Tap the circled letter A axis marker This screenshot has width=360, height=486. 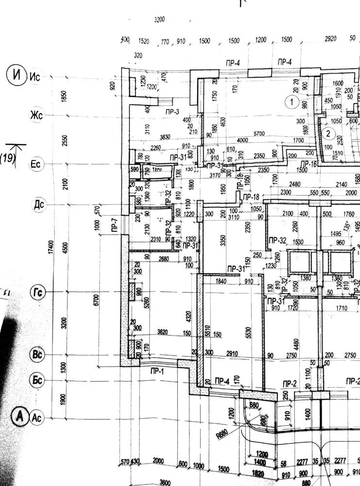[20, 417]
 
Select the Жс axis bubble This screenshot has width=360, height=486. [37, 116]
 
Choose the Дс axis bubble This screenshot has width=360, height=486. [38, 205]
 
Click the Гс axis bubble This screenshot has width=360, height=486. [37, 293]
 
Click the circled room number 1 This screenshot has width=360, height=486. [291, 102]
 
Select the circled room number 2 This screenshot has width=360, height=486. [329, 133]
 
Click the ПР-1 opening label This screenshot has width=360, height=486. [157, 372]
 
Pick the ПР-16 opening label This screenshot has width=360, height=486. [308, 164]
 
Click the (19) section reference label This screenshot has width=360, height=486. [8, 158]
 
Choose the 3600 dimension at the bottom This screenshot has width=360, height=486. [165, 482]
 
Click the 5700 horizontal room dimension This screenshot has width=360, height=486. [259, 133]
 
